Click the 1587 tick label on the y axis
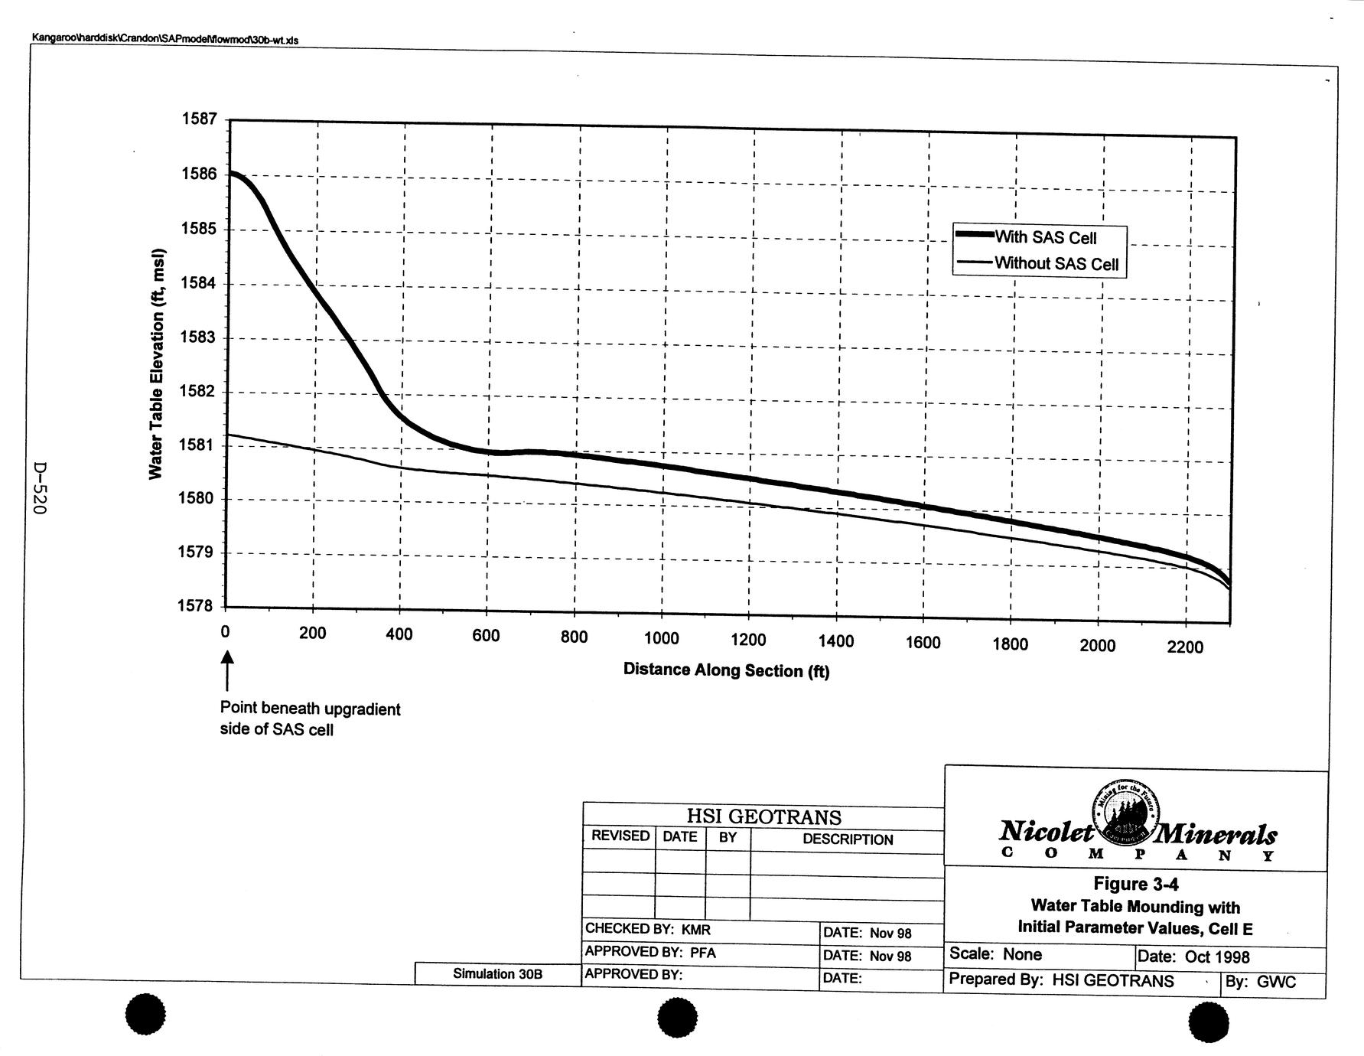pyautogui.click(x=199, y=119)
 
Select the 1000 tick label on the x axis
pyautogui.click(x=661, y=639)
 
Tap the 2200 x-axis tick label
pyautogui.click(x=1185, y=647)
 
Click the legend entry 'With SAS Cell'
pyautogui.click(x=1045, y=237)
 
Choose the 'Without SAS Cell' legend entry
pyautogui.click(x=1056, y=264)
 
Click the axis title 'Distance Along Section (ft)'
pyautogui.click(x=726, y=670)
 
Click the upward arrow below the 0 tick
pyautogui.click(x=226, y=670)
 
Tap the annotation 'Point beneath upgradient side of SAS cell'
pyautogui.click(x=310, y=719)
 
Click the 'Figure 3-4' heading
pyautogui.click(x=1135, y=884)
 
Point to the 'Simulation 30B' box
pyautogui.click(x=497, y=973)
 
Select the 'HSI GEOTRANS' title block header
pyautogui.click(x=763, y=816)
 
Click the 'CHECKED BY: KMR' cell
pyautogui.click(x=648, y=929)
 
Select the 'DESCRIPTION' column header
pyautogui.click(x=847, y=839)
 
